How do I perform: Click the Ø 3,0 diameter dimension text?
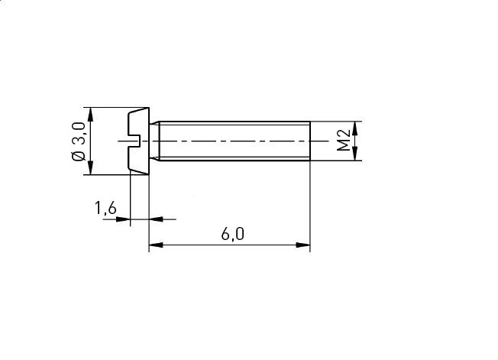[x=79, y=141]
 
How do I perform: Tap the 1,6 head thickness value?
[x=105, y=209]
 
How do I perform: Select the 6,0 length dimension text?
[x=233, y=234]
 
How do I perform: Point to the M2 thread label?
[x=343, y=140]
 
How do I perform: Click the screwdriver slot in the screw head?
[x=134, y=141]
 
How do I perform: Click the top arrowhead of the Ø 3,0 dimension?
[x=91, y=115]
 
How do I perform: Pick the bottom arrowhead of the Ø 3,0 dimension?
[x=91, y=167]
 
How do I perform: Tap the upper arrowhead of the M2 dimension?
[x=355, y=128]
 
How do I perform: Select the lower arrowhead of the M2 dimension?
[x=355, y=154]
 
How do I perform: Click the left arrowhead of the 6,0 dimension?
[x=156, y=245]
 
